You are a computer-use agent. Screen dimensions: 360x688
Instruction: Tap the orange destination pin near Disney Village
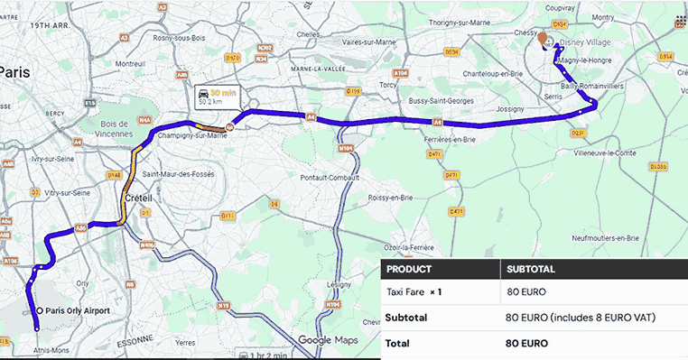543,39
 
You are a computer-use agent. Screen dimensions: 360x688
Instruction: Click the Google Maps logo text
328,339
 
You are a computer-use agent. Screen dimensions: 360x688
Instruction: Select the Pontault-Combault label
326,177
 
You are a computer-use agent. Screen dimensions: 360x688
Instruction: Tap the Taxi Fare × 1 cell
414,292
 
